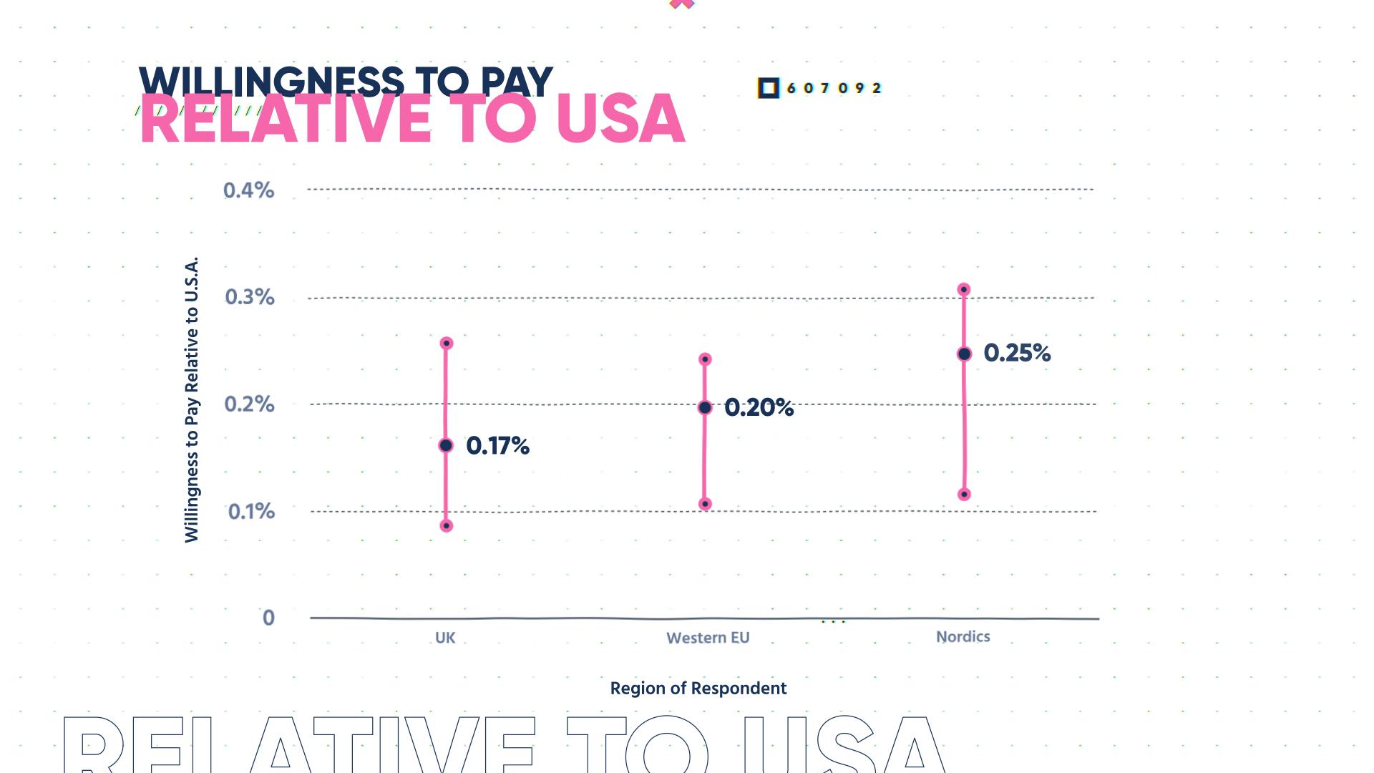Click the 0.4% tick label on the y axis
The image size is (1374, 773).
pos(248,190)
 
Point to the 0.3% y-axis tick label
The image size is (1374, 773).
pos(249,297)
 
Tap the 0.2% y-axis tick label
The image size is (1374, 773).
pos(249,404)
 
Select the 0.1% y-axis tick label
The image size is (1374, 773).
pos(251,512)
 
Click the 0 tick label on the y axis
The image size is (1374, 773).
pos(268,618)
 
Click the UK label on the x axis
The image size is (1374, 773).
pos(445,638)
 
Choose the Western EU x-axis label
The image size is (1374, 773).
pos(708,638)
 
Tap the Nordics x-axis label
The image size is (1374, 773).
pos(963,636)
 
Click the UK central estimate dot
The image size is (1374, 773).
pos(446,446)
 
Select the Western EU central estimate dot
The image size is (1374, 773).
pos(705,407)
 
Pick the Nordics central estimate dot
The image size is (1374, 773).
pos(964,354)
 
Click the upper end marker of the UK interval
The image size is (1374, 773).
pos(447,344)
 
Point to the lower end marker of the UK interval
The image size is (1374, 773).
pos(447,526)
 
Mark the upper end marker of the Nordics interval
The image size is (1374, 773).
pos(964,290)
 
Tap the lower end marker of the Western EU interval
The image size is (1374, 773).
pos(705,504)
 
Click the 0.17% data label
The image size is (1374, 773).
pos(497,446)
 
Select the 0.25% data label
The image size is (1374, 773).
pos(1017,353)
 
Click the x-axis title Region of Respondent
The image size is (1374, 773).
pos(698,689)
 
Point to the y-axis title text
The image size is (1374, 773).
pos(191,399)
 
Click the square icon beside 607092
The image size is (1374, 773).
pos(768,88)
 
